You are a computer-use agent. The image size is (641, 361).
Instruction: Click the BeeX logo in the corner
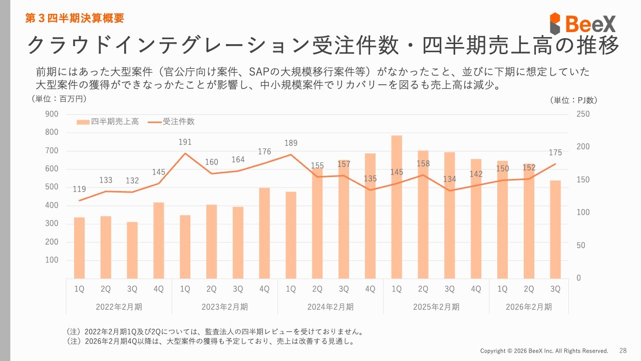(582, 23)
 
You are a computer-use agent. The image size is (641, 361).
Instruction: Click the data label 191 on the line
(185, 143)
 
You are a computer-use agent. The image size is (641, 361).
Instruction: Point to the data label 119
(80, 190)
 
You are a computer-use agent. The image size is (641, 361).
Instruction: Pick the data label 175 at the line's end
(555, 153)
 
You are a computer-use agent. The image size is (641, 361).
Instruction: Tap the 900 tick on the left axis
(52, 114)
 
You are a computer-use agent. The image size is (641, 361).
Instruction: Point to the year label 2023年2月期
(225, 307)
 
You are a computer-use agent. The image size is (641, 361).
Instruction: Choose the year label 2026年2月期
(529, 307)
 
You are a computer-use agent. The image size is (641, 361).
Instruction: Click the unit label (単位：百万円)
(59, 99)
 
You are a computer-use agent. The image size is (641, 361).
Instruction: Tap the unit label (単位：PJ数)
(573, 100)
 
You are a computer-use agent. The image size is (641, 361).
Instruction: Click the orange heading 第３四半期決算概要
(75, 19)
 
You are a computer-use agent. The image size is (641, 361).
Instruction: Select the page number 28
(623, 350)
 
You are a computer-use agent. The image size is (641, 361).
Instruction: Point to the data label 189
(291, 144)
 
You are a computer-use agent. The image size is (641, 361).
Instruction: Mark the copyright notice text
(544, 351)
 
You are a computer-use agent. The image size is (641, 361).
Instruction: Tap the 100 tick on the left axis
(52, 260)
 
